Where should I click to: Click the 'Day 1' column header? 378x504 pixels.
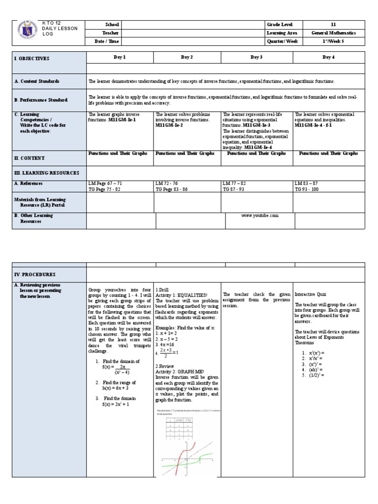pos(120,58)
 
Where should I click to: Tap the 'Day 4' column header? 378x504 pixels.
pos(329,58)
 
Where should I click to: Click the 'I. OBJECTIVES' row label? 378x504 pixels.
pos(32,59)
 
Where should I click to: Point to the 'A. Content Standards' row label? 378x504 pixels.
pos(36,81)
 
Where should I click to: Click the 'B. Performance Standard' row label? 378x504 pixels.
pos(40,100)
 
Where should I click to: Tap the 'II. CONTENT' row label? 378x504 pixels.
pos(30,158)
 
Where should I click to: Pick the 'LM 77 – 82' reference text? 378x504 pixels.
pos(234,183)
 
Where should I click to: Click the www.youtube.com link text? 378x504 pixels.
pos(260,216)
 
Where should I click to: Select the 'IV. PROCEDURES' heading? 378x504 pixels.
pos(34,274)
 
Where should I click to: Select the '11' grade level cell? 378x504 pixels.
pos(329,24)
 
